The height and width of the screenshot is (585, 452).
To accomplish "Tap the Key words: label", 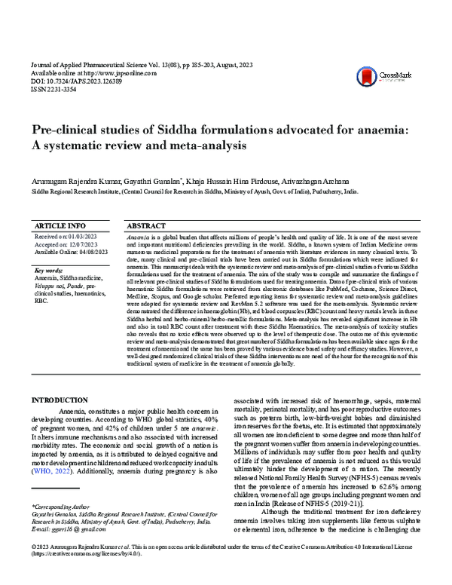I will point(49,270).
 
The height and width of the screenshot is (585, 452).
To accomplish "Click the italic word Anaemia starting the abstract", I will point(140,237).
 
